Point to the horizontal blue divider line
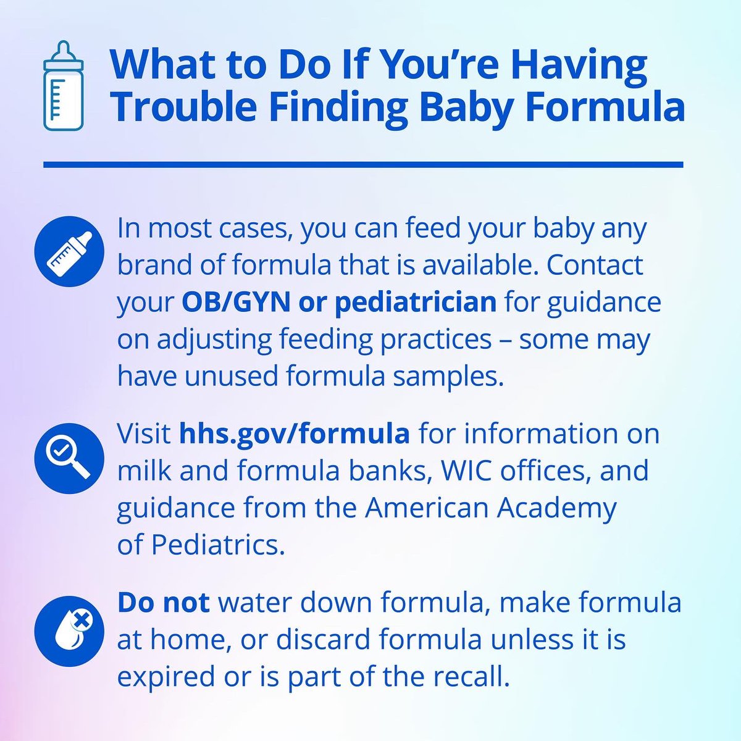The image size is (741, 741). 363,165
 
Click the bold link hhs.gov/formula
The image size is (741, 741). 295,433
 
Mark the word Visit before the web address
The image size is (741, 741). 144,433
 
